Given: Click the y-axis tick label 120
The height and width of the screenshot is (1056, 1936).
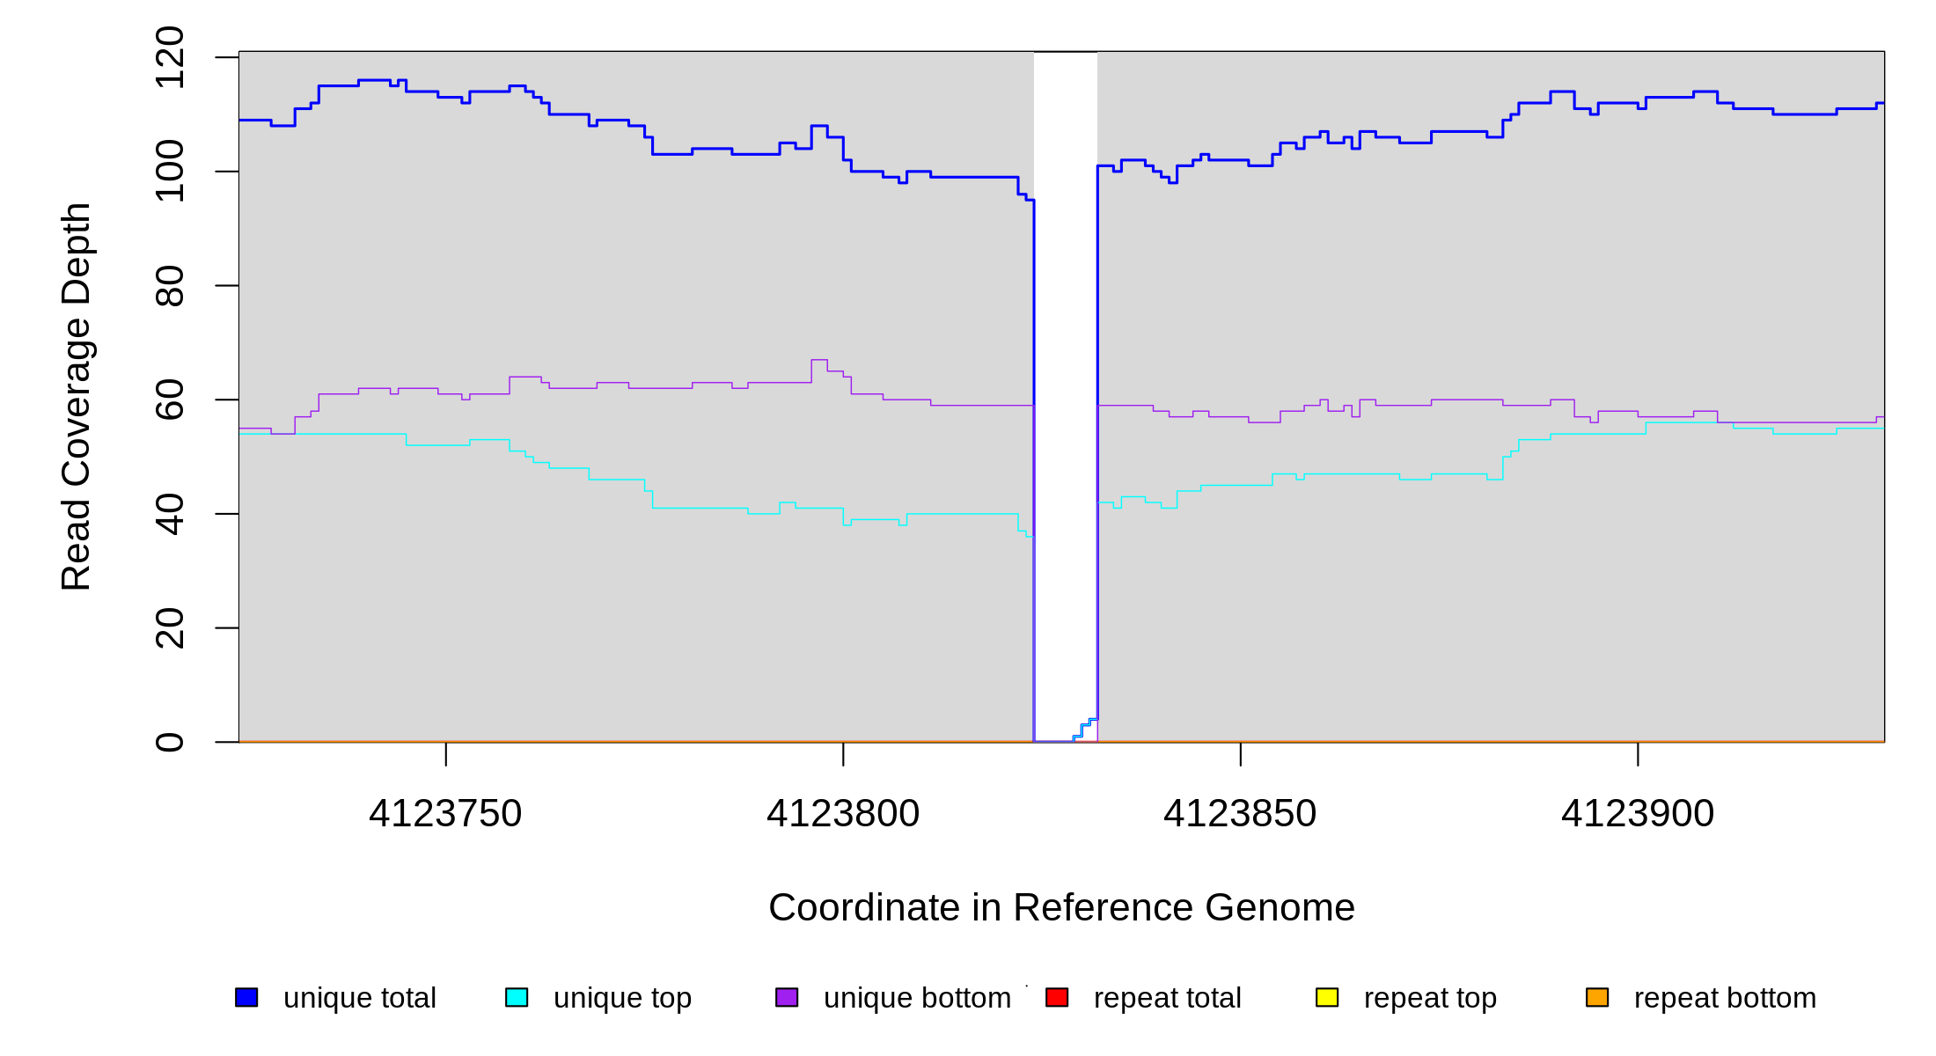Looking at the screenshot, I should [169, 58].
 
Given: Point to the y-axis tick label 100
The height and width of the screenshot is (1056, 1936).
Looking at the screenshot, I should [169, 172].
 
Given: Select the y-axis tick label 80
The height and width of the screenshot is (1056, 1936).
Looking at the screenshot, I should [169, 286].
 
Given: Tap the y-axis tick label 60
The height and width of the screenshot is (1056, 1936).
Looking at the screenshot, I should [169, 400].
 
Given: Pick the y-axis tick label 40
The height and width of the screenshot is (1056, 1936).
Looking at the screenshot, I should [169, 514].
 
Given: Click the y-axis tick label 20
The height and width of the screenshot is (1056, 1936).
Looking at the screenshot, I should [169, 628].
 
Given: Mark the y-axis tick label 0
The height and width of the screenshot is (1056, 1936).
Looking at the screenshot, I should [169, 742].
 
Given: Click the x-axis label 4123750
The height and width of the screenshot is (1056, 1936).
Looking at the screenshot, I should [445, 813].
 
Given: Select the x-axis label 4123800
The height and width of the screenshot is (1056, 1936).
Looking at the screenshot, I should [843, 813].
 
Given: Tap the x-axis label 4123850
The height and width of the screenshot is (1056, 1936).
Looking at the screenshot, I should [1240, 813].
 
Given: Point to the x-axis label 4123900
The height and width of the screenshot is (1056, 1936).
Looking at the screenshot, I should [1638, 813].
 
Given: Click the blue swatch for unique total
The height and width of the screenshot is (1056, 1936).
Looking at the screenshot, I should [246, 997].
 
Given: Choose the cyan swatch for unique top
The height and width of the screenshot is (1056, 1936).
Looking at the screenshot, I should [517, 997].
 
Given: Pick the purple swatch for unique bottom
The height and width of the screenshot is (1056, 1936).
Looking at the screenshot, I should [787, 997].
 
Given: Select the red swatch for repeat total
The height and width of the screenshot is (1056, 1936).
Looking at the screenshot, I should [1057, 997].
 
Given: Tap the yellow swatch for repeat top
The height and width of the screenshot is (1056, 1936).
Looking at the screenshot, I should [1327, 997].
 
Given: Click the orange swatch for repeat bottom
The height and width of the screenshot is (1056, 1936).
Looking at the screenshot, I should [1597, 997].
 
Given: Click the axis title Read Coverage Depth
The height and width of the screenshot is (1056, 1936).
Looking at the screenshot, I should [76, 396].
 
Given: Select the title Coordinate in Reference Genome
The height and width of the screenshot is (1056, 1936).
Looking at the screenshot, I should [1061, 907].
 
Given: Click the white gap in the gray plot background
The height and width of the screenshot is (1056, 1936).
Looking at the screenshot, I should [1066, 352].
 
